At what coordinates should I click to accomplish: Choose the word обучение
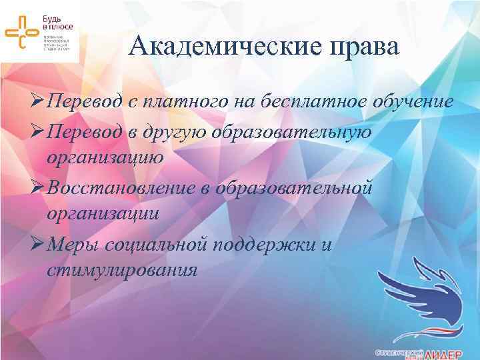coord(409,103)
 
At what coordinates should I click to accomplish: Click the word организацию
coord(104,158)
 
